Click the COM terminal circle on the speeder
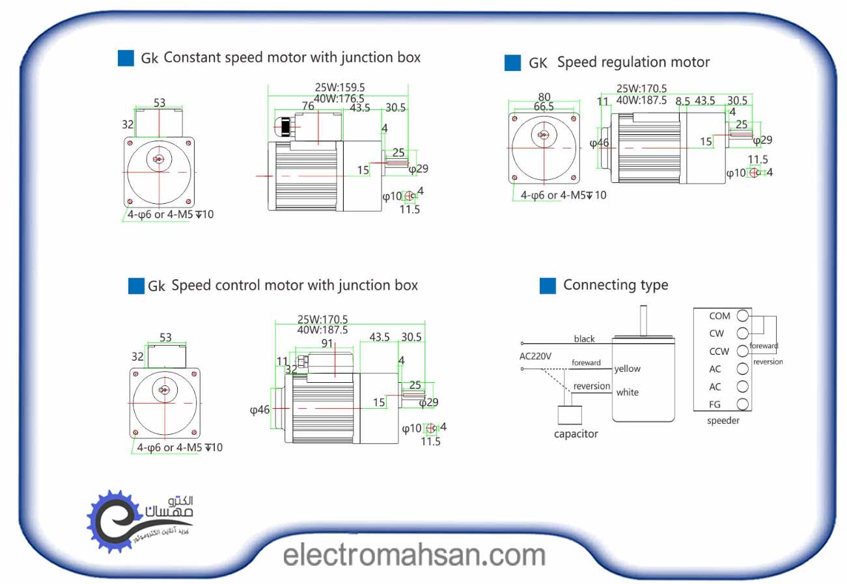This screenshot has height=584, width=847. pyautogui.click(x=743, y=316)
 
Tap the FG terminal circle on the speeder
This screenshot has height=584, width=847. pyautogui.click(x=743, y=404)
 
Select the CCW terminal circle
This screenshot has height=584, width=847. pyautogui.click(x=743, y=352)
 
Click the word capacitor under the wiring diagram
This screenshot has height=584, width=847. pyautogui.click(x=576, y=434)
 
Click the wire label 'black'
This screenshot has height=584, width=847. pyautogui.click(x=584, y=339)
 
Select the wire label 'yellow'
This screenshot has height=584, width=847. pyautogui.click(x=627, y=368)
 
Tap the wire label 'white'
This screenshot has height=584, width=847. pyautogui.click(x=627, y=392)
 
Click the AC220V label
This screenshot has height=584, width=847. pyautogui.click(x=535, y=356)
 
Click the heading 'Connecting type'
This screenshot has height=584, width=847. pyautogui.click(x=615, y=285)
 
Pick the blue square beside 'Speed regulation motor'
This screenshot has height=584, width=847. pyautogui.click(x=513, y=63)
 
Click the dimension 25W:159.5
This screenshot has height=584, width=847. pyautogui.click(x=339, y=87)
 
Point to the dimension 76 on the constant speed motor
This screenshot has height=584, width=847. pyautogui.click(x=308, y=107)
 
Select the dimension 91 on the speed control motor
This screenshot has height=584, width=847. pyautogui.click(x=327, y=343)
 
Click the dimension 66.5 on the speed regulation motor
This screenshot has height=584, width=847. pyautogui.click(x=544, y=106)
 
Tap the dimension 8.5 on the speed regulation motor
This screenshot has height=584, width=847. pyautogui.click(x=682, y=101)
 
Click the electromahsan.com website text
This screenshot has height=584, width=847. pyautogui.click(x=415, y=555)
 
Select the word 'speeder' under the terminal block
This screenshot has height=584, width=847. pyautogui.click(x=723, y=421)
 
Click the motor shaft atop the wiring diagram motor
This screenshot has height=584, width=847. pyautogui.click(x=644, y=321)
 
